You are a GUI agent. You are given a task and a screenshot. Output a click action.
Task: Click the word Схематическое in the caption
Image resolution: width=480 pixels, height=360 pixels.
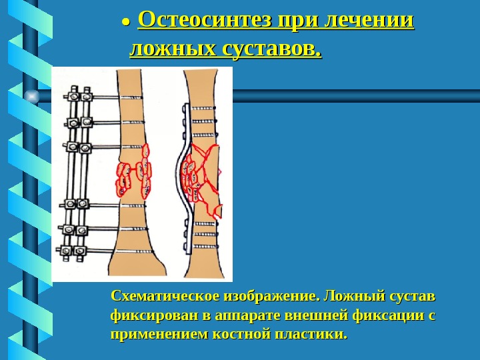157,295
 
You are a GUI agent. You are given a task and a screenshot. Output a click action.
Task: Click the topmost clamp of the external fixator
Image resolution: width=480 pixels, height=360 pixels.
80,96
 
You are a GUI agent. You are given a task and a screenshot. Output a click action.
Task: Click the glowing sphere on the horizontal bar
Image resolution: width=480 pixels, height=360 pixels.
31,97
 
